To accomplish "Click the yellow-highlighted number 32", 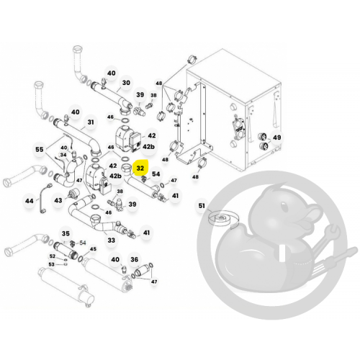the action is tap(140, 168).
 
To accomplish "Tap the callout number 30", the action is tap(126, 83).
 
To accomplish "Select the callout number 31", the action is tap(91, 122).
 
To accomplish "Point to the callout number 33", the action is tap(111, 240).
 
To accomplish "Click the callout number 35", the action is tap(66, 233).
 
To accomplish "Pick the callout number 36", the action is tap(135, 259).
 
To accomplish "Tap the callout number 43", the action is tap(58, 200).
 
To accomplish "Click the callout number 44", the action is tap(30, 200).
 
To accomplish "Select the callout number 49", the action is tap(277, 138).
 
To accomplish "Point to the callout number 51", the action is tap(202, 205).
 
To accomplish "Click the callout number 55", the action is tap(40, 149).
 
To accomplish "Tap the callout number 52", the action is tap(53, 256).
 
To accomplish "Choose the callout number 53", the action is tap(52, 264).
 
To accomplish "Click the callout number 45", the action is tap(93, 249).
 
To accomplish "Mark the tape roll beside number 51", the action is tap(222, 219).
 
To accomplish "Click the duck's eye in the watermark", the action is tap(284, 207).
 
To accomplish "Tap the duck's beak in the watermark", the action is tap(310, 216).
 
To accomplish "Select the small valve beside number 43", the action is tap(71, 194).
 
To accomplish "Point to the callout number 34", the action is tap(63, 155).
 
